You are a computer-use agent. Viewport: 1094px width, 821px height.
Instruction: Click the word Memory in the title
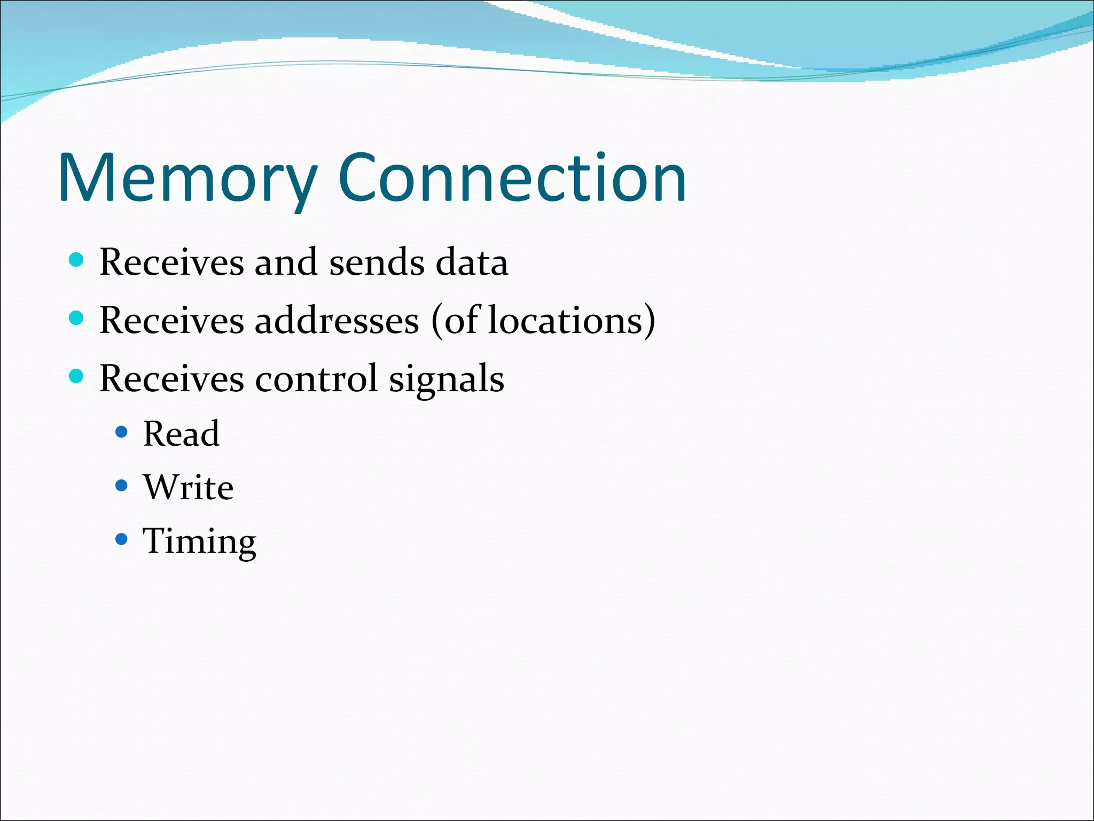[x=187, y=179]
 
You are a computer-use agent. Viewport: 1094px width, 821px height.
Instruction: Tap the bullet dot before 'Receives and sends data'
[x=76, y=260]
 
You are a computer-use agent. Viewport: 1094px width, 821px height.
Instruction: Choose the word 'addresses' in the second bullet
[x=337, y=321]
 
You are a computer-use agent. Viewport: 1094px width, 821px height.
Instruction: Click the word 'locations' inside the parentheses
[x=565, y=321]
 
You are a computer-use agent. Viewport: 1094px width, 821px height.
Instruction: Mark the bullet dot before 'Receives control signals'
[x=76, y=376]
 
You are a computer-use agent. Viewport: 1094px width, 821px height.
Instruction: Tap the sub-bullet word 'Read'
[x=181, y=433]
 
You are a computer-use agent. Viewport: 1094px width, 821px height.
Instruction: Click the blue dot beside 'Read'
[x=122, y=432]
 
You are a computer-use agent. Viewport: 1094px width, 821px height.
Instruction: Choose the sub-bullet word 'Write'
[x=188, y=487]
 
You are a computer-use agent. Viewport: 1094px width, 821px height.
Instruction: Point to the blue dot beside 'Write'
[x=122, y=485]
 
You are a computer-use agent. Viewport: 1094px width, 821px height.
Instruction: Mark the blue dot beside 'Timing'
[x=122, y=539]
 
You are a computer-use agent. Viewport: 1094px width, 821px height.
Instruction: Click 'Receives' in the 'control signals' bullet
[x=171, y=378]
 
